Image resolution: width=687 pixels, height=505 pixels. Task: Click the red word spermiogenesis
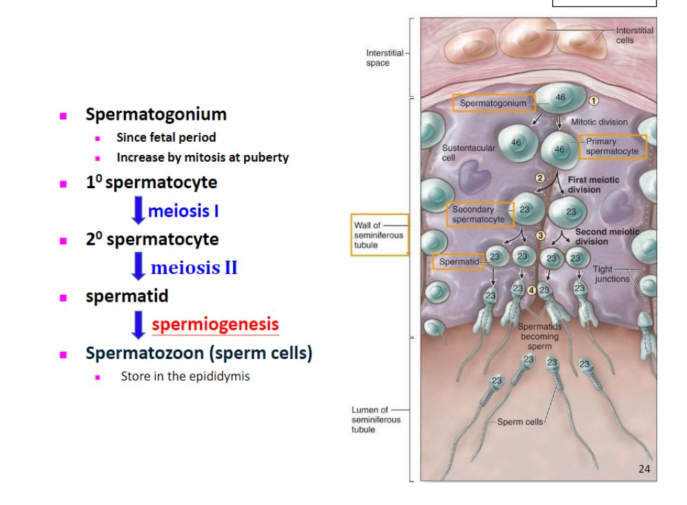pos(215,324)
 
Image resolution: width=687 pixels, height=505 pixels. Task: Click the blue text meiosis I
pos(183,210)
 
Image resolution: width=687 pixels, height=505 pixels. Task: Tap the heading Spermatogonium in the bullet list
pos(156,114)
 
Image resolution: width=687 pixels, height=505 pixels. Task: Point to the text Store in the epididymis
pos(185,377)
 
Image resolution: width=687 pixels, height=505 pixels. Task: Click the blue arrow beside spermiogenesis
pos(139,325)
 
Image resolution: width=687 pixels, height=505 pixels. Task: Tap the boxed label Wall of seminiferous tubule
pos(378,235)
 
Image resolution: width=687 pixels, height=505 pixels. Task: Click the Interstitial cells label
pos(634,35)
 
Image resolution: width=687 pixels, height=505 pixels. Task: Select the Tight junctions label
pos(612,274)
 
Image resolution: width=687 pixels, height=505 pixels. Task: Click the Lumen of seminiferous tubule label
pos(375,419)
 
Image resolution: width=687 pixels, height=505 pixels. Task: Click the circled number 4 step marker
pos(531,289)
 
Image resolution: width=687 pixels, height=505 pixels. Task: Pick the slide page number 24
pos(643,469)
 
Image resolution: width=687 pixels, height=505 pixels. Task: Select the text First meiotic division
pos(593,185)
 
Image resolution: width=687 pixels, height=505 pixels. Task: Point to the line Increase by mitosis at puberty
pos(202,157)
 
